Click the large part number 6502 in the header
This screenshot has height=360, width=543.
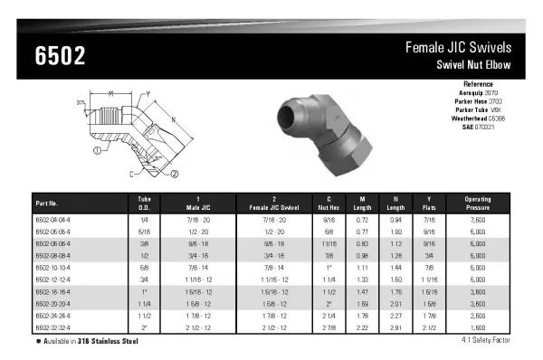pos(60,57)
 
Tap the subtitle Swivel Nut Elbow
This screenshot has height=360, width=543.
pos(474,65)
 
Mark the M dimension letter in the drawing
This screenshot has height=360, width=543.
pos(110,92)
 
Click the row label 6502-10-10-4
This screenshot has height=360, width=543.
pos(52,269)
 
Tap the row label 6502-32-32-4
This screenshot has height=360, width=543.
pos(52,327)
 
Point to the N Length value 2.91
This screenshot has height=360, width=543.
pos(394,327)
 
